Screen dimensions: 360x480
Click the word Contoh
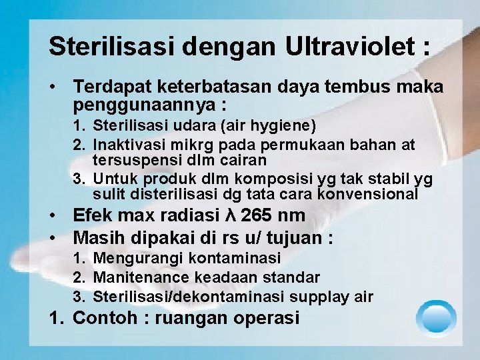[103, 319]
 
